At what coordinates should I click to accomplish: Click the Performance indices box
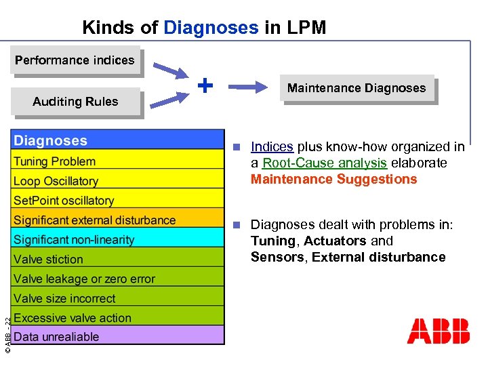[75, 60]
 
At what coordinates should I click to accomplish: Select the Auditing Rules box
[75, 102]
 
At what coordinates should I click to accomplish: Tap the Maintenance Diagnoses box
[357, 88]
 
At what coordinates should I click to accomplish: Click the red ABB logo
[438, 331]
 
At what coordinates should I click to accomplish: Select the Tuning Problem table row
[118, 161]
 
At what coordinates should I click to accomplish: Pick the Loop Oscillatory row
[118, 181]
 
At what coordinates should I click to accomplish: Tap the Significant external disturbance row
[118, 220]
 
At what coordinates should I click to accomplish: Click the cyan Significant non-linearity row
[118, 240]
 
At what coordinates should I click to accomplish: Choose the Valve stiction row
[118, 260]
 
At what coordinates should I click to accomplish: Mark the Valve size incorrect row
[118, 299]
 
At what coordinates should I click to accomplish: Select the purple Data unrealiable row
[118, 337]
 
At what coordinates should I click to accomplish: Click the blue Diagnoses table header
[118, 141]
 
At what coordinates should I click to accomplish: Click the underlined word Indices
[272, 146]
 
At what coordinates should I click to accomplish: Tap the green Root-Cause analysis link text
[325, 163]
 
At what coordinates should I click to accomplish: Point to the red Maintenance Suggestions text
[334, 179]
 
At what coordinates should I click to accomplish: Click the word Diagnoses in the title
[211, 28]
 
